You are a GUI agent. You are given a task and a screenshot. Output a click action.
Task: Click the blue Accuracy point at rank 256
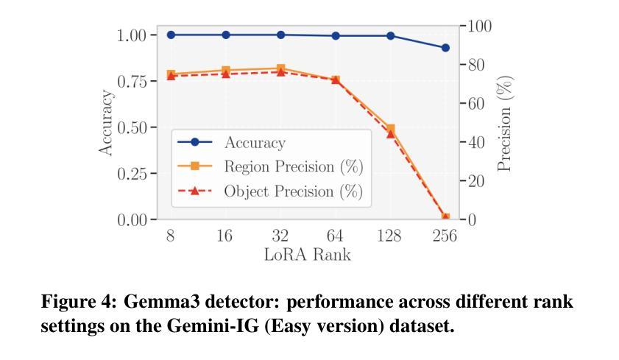pos(445,48)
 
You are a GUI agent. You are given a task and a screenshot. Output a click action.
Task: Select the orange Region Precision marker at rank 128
pos(390,129)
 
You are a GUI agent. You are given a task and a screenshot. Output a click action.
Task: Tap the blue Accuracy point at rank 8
pos(171,35)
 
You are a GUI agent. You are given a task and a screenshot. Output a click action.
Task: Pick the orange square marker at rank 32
pos(280,68)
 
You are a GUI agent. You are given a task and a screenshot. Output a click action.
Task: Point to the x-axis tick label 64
pos(335,236)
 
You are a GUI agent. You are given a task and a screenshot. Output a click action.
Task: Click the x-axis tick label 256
pos(445,236)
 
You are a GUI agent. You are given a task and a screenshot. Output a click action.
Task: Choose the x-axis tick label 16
pos(225,236)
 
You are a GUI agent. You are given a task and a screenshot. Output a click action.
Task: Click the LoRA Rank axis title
pos(308,255)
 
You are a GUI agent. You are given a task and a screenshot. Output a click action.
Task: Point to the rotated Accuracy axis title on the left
pos(107,123)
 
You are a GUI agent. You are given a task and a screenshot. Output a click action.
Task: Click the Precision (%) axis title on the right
pos(505,123)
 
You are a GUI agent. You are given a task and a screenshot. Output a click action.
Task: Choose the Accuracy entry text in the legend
pos(255,143)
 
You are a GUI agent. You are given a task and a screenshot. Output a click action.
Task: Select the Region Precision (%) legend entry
pos(293,167)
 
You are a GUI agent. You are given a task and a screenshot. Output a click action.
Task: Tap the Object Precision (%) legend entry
pos(293,191)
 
